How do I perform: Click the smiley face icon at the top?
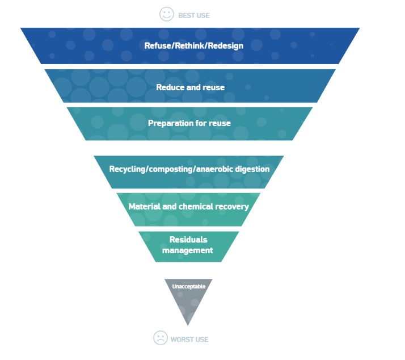click(166, 15)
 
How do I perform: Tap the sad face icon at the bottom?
click(161, 338)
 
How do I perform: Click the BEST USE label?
click(194, 15)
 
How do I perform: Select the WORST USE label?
click(189, 340)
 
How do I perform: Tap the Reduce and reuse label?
click(190, 87)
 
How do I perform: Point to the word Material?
click(144, 207)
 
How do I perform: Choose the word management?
click(188, 250)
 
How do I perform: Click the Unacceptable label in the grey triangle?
click(188, 287)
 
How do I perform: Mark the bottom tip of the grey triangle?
click(188, 325)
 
